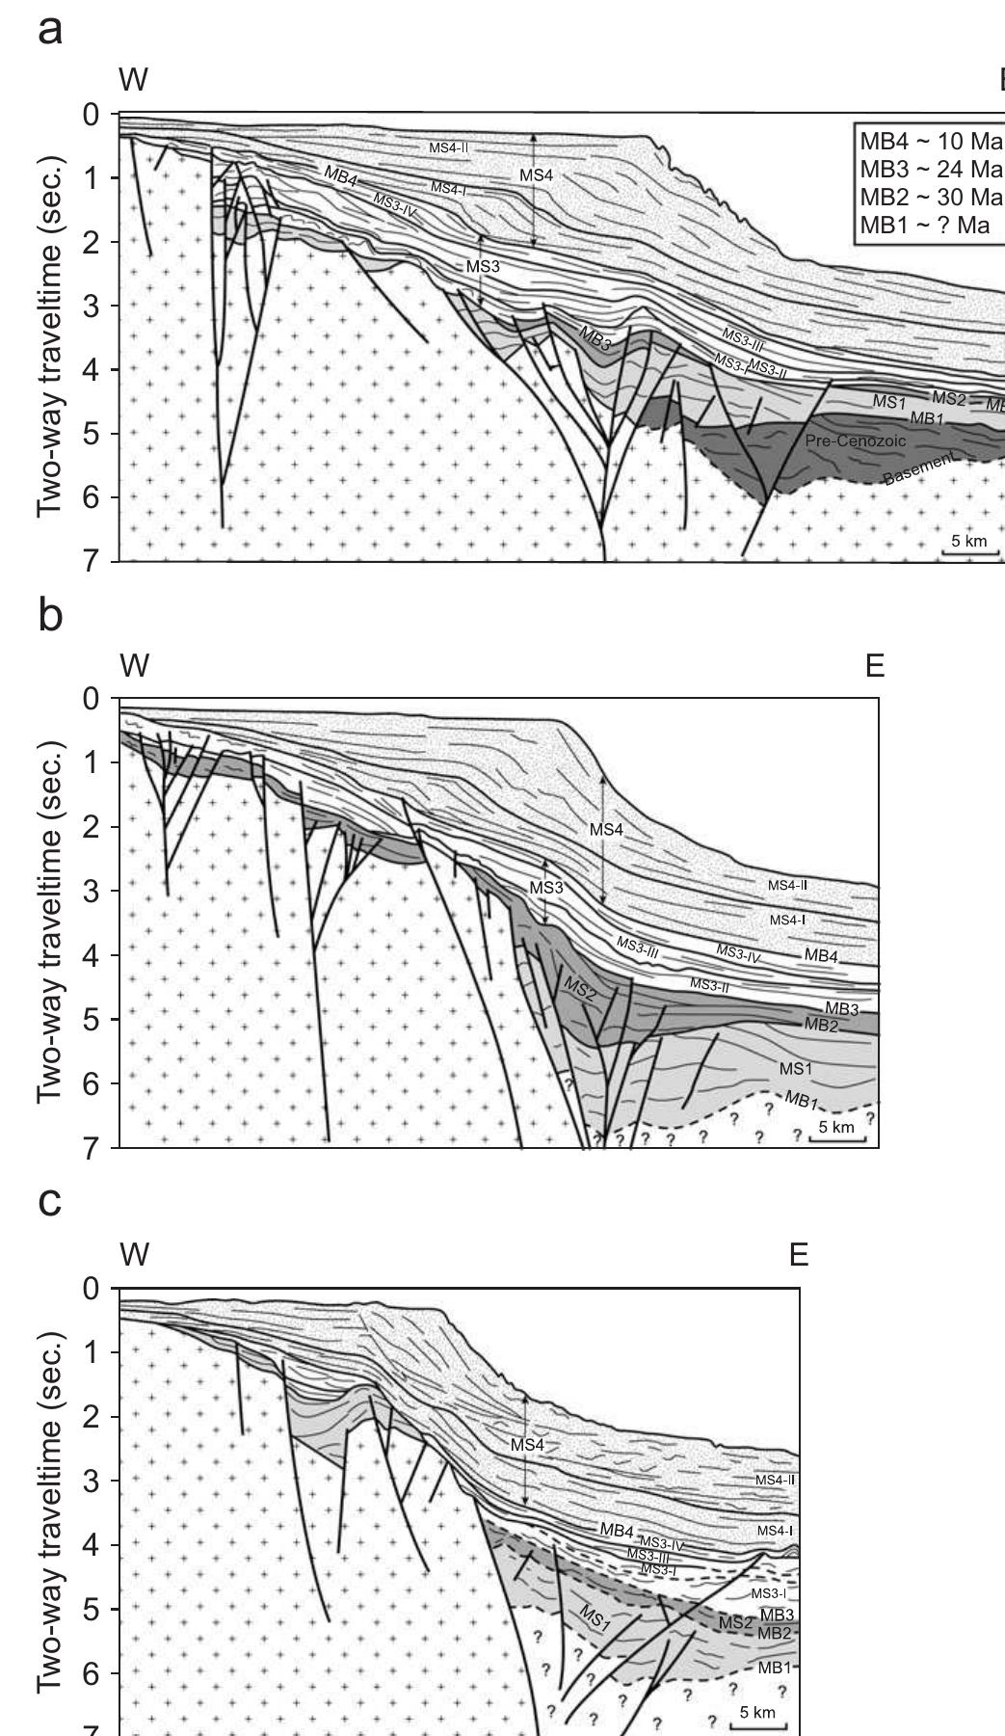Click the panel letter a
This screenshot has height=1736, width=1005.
51,30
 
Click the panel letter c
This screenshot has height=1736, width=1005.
50,1202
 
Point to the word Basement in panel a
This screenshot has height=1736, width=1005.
921,469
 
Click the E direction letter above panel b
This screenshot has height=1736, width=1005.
874,666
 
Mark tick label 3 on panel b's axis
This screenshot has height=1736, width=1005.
92,891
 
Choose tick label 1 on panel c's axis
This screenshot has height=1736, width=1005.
92,1352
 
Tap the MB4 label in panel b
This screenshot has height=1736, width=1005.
821,956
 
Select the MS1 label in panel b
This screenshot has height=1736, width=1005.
796,1068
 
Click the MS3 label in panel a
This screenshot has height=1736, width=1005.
483,267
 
